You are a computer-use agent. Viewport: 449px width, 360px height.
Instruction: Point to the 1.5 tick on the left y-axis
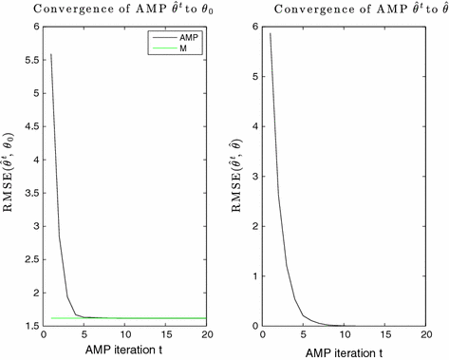(x=29, y=326)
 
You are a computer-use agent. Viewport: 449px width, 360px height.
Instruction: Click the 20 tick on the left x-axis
(x=205, y=335)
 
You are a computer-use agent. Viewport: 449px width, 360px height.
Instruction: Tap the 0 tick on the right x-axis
(x=265, y=335)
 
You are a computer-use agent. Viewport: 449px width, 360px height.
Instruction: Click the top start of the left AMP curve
(x=51, y=54)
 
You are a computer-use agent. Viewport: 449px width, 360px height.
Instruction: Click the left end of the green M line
(x=51, y=317)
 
